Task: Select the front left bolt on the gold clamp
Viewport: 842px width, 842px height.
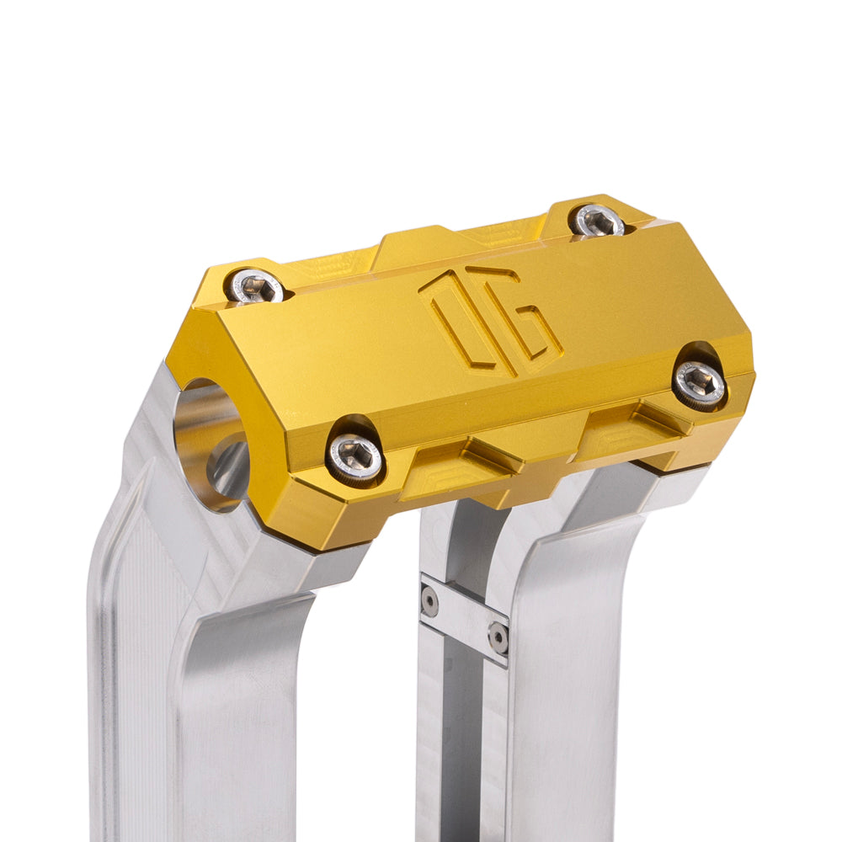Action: click(x=354, y=457)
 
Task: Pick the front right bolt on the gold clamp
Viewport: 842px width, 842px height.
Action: click(x=700, y=385)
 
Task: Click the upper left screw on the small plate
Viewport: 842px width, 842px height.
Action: click(x=429, y=600)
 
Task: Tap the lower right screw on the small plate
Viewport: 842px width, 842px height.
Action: click(x=498, y=637)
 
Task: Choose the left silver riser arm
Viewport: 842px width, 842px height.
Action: click(x=194, y=674)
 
